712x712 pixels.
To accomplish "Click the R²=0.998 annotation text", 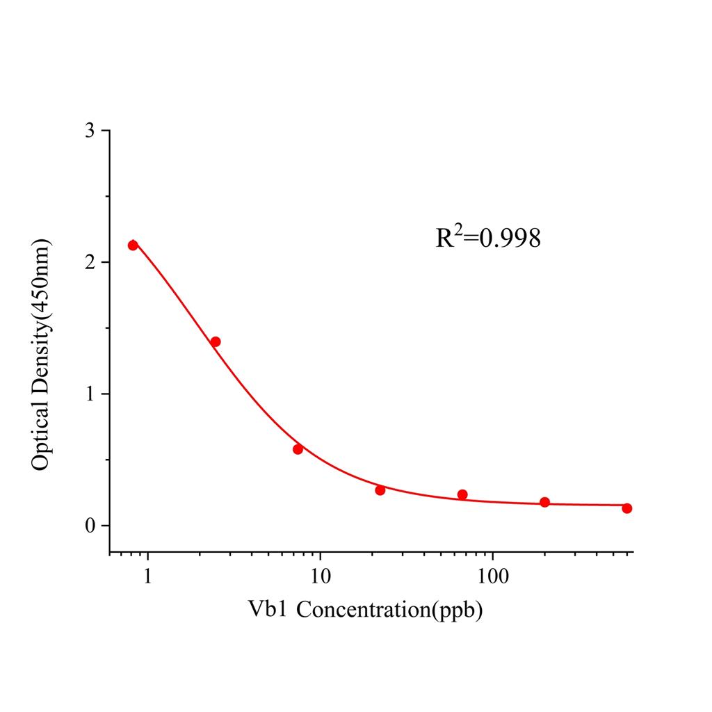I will click(x=487, y=238).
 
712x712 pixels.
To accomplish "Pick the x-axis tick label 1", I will click(x=147, y=576).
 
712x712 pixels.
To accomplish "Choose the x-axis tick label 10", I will click(x=320, y=576).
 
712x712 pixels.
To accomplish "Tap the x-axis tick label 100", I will click(x=492, y=576).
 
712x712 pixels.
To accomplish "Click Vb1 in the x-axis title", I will click(x=268, y=610).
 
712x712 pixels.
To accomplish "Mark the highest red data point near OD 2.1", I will click(x=133, y=245).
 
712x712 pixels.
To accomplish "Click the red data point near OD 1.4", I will click(x=216, y=341).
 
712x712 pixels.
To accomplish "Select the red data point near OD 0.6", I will click(x=298, y=448).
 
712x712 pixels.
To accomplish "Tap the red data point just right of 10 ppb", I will click(x=380, y=490).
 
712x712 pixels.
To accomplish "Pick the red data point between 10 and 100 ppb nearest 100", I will click(x=462, y=494).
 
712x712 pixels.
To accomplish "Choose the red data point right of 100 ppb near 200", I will click(x=544, y=502).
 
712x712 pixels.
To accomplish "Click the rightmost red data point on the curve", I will click(x=627, y=508).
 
